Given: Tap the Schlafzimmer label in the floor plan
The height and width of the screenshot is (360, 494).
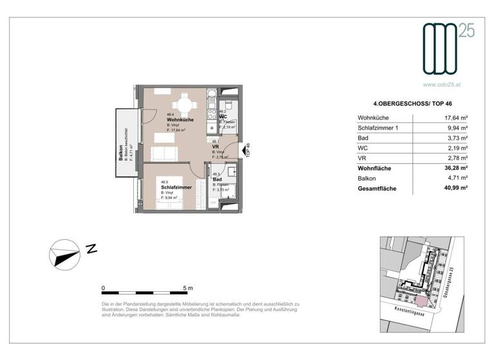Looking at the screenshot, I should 175,187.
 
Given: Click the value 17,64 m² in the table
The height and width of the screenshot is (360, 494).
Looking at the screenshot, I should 455,118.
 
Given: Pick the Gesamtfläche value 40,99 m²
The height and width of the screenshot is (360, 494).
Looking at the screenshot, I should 455,189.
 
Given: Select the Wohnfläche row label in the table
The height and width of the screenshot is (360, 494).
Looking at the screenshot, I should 376,168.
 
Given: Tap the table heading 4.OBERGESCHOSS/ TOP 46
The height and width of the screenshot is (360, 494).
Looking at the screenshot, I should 407,102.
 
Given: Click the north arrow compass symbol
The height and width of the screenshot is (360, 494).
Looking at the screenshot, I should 65,253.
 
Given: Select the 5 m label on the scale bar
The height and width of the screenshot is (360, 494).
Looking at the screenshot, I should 187,288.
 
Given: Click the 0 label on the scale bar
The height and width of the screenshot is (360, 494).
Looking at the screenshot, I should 104,288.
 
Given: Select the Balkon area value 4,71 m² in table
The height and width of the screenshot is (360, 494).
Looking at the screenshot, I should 455,179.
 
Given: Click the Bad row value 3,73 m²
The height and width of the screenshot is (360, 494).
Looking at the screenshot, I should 455,138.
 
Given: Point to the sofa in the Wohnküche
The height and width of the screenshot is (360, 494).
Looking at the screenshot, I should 165,153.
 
